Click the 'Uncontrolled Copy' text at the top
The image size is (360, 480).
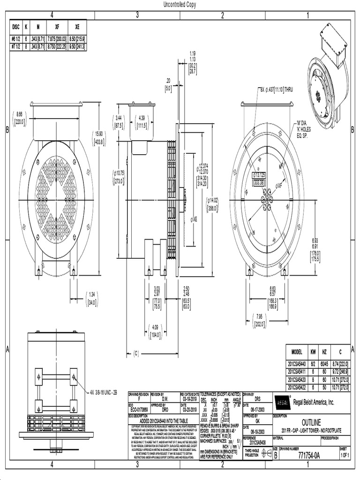[x=180, y=4]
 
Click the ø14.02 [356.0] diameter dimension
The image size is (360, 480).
[x=212, y=203]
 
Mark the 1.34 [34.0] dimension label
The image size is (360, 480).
[x=91, y=298]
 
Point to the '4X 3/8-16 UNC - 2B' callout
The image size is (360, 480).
[x=105, y=392]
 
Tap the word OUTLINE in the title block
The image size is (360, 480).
[x=311, y=422]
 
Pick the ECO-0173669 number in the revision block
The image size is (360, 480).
[x=139, y=409]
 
